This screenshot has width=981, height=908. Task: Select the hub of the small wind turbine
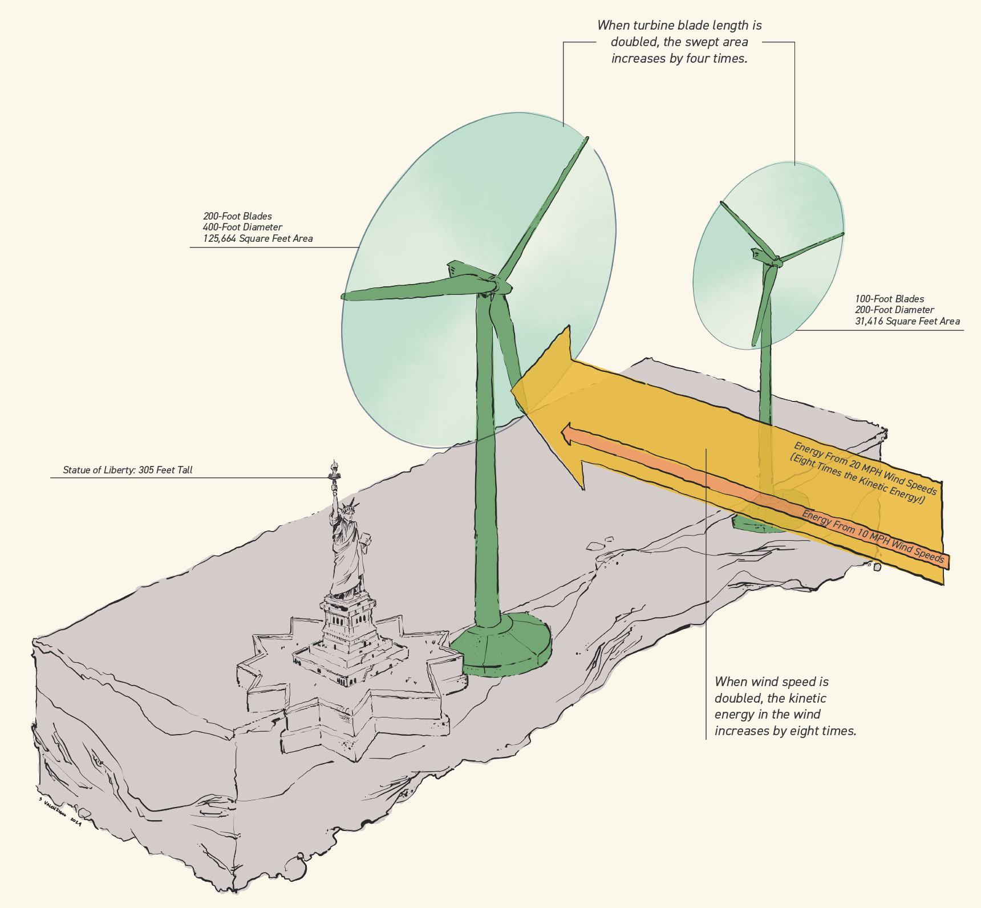point(776,260)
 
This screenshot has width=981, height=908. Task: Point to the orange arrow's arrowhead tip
point(564,435)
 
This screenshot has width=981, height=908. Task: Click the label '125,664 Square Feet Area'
point(258,238)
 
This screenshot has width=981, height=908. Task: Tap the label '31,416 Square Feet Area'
point(907,321)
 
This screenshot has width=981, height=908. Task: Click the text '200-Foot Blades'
point(237,216)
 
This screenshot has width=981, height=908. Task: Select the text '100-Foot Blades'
point(889,299)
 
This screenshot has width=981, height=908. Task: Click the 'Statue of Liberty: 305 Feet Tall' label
point(128,470)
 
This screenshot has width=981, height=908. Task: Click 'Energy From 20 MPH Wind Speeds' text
point(865,468)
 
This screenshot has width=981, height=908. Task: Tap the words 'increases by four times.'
point(679,58)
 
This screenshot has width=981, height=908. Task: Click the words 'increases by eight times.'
point(785,731)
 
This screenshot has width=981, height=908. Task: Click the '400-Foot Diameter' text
point(242,227)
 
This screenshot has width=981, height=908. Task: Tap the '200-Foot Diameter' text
point(894,310)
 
